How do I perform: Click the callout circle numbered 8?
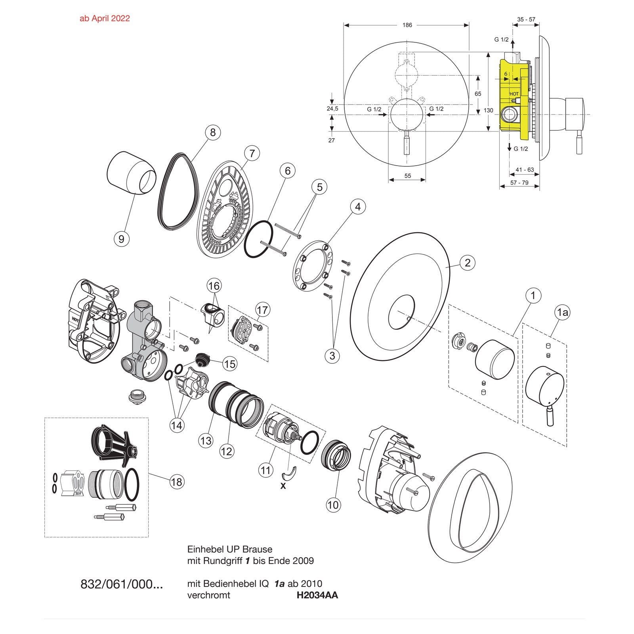click(x=213, y=132)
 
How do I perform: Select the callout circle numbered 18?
click(x=177, y=481)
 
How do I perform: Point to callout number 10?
click(x=333, y=505)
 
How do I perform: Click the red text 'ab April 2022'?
click(x=105, y=18)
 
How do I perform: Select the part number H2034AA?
click(x=317, y=595)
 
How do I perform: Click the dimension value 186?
click(x=407, y=25)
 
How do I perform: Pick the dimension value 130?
click(x=489, y=110)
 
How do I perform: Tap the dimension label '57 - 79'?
click(x=519, y=183)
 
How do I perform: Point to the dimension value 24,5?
click(x=332, y=109)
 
